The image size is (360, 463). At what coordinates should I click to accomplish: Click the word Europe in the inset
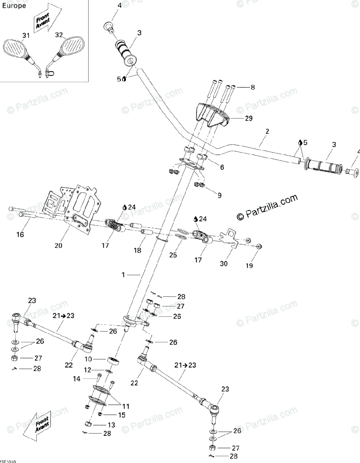coord(14,6)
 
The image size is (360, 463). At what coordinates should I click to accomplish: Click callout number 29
coord(248,118)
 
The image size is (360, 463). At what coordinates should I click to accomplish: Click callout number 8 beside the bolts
coord(253,88)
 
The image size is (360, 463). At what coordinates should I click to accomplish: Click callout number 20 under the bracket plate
coord(58,245)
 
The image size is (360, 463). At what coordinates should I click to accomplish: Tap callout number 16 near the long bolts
coord(20,234)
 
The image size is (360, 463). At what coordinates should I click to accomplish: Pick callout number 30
coord(224,264)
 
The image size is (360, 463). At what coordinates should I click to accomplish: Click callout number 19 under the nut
coord(249,265)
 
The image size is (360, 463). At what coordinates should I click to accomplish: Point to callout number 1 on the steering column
coord(123,275)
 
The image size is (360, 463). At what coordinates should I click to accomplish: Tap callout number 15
coord(122,415)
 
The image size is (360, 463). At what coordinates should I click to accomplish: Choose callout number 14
coord(77,379)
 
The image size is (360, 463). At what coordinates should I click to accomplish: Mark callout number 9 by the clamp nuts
coord(219,195)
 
